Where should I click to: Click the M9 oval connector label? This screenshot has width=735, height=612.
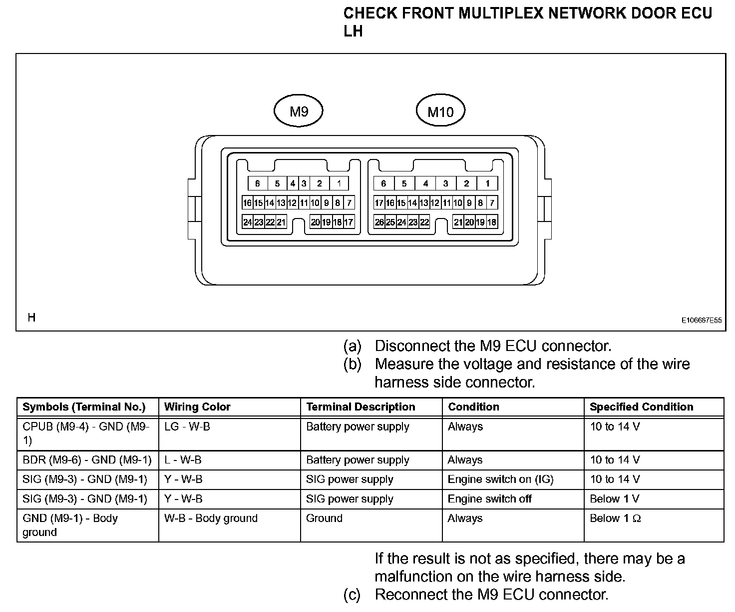(x=299, y=111)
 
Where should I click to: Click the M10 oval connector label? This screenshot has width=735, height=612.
(x=440, y=111)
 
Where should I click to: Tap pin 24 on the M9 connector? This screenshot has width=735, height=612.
(x=247, y=222)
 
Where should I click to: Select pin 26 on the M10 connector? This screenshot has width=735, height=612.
(x=379, y=222)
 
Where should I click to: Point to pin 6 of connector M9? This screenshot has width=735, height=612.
(x=258, y=183)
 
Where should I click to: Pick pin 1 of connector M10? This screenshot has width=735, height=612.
(x=487, y=183)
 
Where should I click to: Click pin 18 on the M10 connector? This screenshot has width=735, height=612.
(x=492, y=222)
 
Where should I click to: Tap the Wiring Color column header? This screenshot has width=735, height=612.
(x=197, y=407)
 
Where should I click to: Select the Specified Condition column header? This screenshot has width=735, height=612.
(x=641, y=407)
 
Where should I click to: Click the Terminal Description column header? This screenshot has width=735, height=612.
(x=361, y=407)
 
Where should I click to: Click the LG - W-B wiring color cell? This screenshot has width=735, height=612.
(x=187, y=427)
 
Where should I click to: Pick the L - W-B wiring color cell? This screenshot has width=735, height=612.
(x=183, y=460)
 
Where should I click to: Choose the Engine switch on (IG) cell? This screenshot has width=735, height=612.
(x=500, y=479)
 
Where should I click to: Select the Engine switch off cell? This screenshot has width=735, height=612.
(x=489, y=499)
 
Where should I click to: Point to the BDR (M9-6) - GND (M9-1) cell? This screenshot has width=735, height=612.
(x=87, y=460)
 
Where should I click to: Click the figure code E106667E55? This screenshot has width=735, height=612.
(x=702, y=320)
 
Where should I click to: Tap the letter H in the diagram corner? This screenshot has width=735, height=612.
(x=31, y=317)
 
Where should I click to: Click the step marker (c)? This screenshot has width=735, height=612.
(x=352, y=595)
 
